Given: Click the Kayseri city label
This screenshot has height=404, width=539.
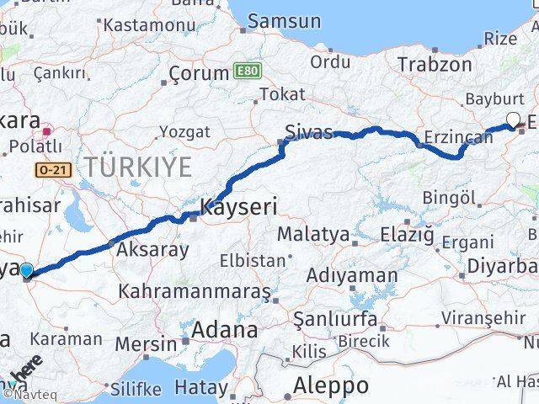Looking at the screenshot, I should click(x=238, y=206).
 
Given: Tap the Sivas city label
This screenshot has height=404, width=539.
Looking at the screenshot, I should click(x=309, y=132).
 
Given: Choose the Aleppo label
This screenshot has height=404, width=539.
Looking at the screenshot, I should click(x=330, y=386).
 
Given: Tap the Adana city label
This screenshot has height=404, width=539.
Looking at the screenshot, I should click(x=224, y=330).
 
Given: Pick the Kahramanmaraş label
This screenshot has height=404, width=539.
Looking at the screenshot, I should click(x=195, y=291).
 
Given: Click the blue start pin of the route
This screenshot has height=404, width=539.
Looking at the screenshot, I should click(x=27, y=270).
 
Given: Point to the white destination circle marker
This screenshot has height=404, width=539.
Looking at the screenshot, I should click(x=513, y=120).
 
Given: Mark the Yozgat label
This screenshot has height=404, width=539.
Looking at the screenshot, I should click(x=184, y=131).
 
